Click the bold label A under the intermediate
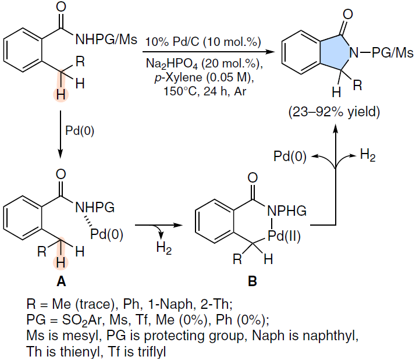pos(61,281)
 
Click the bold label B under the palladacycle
pos(253,281)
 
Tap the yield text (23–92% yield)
pos(335,112)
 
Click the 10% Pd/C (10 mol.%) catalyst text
pos(203,42)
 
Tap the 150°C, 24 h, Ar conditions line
pos(205,91)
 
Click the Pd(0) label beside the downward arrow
pos(80,130)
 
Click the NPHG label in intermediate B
pos(287,211)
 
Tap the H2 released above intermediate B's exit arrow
pos(368,155)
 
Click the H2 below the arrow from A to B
pos(164,248)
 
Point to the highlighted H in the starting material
pos(61,95)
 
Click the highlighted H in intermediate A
pos(61,263)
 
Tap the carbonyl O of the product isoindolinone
pos(348,14)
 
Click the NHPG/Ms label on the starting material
pos(106,40)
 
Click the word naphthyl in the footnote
pos(330,336)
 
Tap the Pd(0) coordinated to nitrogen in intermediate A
pos(106,234)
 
